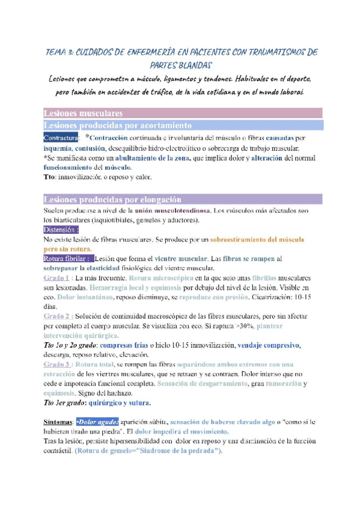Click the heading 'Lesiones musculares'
(84, 112)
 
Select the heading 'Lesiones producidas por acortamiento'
(118, 125)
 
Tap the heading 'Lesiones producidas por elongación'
(115, 200)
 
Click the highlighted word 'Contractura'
(61, 138)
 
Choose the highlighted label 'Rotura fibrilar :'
(67, 259)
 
